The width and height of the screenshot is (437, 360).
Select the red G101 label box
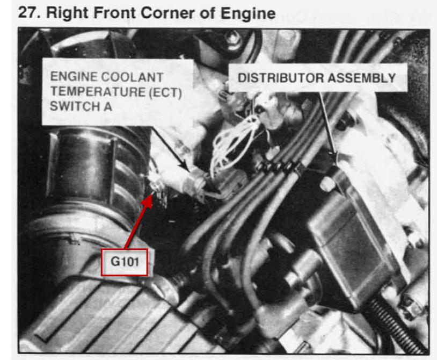[x=125, y=262]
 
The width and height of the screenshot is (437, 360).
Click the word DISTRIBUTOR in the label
[x=281, y=78]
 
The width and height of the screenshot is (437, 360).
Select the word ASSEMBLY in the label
[x=361, y=78]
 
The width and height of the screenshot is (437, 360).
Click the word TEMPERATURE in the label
[x=98, y=92]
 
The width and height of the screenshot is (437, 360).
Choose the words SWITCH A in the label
[x=81, y=106]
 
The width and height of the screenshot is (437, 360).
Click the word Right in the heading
[x=67, y=13]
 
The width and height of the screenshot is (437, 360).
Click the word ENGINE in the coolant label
[x=74, y=77]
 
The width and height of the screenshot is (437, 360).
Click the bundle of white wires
[x=234, y=142]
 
